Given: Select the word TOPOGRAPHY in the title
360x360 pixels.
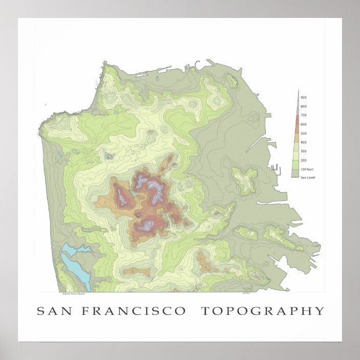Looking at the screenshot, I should pyautogui.click(x=262, y=311).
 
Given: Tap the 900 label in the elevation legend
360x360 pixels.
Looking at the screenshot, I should pyautogui.click(x=303, y=97).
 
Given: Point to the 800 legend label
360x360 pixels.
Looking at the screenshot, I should pyautogui.click(x=303, y=106).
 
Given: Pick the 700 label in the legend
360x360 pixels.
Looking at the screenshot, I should pyautogui.click(x=303, y=116).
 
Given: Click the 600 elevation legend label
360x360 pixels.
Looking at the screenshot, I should pyautogui.click(x=303, y=124).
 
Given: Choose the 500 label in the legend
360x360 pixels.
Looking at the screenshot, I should pyautogui.click(x=303, y=133).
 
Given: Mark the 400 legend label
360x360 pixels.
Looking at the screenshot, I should pyautogui.click(x=303, y=142).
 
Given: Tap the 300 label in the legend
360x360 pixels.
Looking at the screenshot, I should pyautogui.click(x=303, y=151).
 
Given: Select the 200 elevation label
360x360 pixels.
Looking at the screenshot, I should pyautogui.click(x=303, y=160).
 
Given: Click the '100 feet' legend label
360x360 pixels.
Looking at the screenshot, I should pyautogui.click(x=306, y=169).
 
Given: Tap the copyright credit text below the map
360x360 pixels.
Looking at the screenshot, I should pyautogui.click(x=73, y=294).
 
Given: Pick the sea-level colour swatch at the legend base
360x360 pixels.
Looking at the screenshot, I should pyautogui.click(x=295, y=174).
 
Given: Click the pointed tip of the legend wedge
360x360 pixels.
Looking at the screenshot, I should pyautogui.click(x=298, y=91).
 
